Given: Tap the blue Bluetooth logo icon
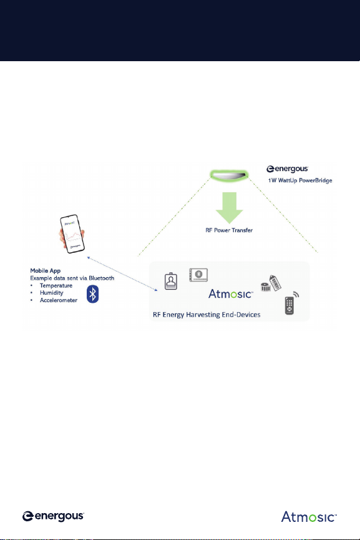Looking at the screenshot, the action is pyautogui.click(x=92, y=294).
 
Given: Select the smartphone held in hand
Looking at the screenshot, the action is pyautogui.click(x=72, y=234).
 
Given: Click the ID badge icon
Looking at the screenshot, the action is pyautogui.click(x=171, y=281).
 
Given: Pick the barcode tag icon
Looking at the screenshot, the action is pyautogui.click(x=275, y=283).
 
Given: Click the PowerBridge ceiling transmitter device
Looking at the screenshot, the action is pyautogui.click(x=229, y=175).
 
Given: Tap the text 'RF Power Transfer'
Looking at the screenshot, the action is pyautogui.click(x=229, y=230).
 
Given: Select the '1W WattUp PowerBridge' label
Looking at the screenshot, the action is pyautogui.click(x=300, y=180).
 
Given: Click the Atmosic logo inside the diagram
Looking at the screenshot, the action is pyautogui.click(x=231, y=294).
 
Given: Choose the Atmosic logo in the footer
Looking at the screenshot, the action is pyautogui.click(x=309, y=517).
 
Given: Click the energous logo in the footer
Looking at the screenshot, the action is pyautogui.click(x=53, y=516).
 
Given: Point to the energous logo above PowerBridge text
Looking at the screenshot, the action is pyautogui.click(x=287, y=169).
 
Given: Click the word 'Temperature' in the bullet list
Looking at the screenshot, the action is pyautogui.click(x=56, y=285).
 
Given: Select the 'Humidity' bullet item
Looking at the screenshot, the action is pyautogui.click(x=52, y=293).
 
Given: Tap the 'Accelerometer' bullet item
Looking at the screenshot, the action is pyautogui.click(x=59, y=300).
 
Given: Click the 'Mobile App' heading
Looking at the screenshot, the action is pyautogui.click(x=46, y=271).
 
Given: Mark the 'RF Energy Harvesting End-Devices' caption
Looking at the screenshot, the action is pyautogui.click(x=207, y=315).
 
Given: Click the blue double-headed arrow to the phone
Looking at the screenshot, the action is pyautogui.click(x=122, y=274).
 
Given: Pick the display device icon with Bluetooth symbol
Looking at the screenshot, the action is pyautogui.click(x=198, y=275).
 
